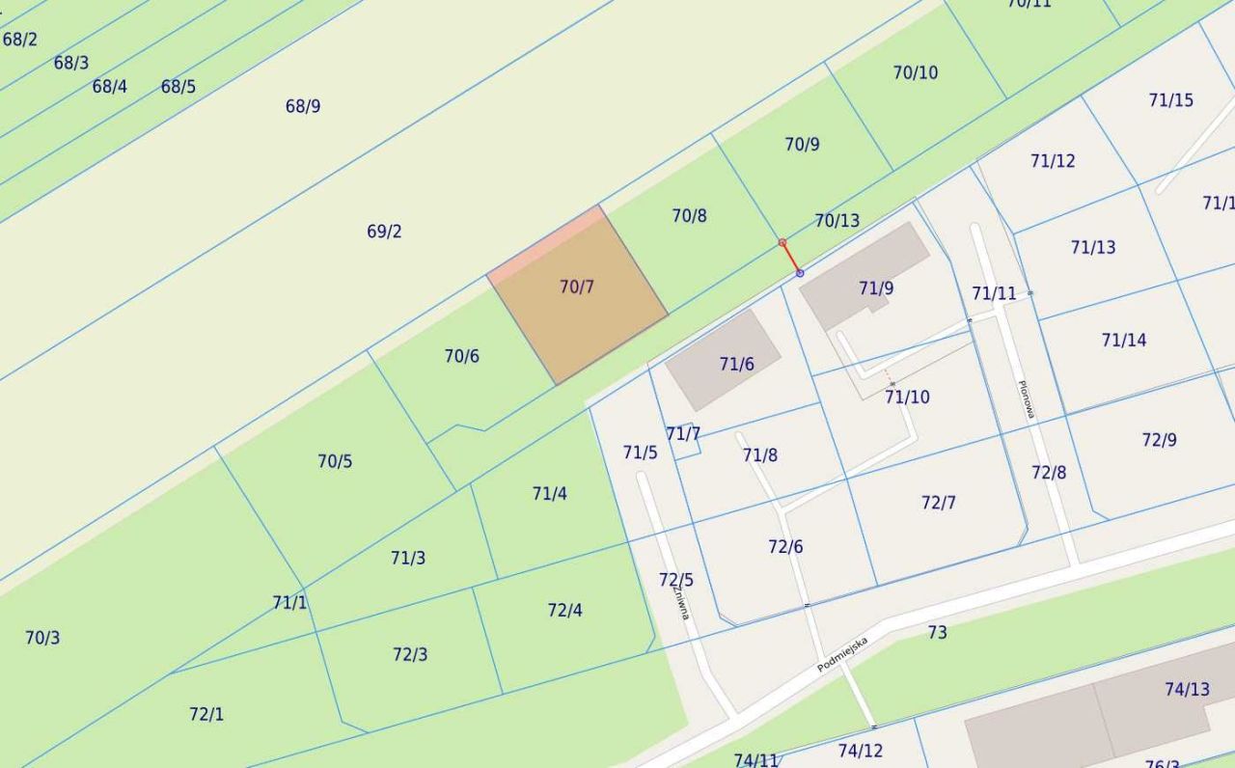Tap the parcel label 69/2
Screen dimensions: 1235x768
point(384,232)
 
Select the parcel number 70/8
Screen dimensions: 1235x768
point(689,216)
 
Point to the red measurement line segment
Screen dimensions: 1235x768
point(791,258)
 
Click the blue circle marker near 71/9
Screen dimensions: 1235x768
point(800,274)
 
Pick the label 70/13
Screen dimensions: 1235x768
point(837,221)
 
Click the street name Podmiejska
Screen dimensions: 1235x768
point(842,654)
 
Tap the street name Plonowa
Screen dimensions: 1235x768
point(1026,398)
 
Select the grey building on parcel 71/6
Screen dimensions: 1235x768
point(724,359)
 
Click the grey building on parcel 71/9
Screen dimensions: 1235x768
point(864,275)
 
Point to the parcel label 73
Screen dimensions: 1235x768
point(937,633)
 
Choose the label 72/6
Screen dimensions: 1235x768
point(785,547)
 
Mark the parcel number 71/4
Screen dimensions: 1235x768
point(549,494)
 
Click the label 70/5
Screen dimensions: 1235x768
point(335,461)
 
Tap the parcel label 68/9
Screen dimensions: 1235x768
point(303,106)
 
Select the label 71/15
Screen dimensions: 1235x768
point(1170,100)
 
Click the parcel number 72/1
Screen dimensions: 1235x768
point(206,715)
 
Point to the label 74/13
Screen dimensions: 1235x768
point(1187,690)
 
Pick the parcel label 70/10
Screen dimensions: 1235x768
point(915,73)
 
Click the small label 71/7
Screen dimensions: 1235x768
point(683,434)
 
